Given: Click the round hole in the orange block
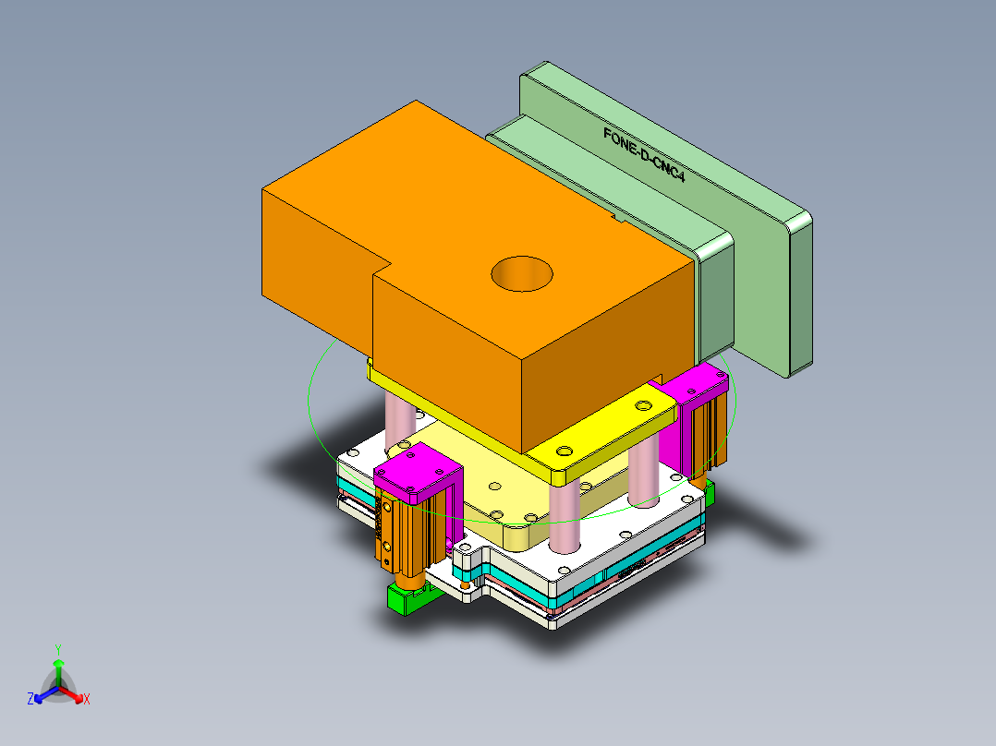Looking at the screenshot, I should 521,274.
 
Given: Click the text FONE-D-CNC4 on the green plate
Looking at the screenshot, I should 644,154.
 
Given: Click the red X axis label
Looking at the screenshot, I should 87,699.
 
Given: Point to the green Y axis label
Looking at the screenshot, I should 57,648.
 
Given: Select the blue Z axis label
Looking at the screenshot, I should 30,699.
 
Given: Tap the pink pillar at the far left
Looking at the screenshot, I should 399,420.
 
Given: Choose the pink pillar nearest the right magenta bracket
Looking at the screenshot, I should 644,475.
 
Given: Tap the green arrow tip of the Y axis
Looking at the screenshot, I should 57,663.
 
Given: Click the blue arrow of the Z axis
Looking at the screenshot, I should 42,695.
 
